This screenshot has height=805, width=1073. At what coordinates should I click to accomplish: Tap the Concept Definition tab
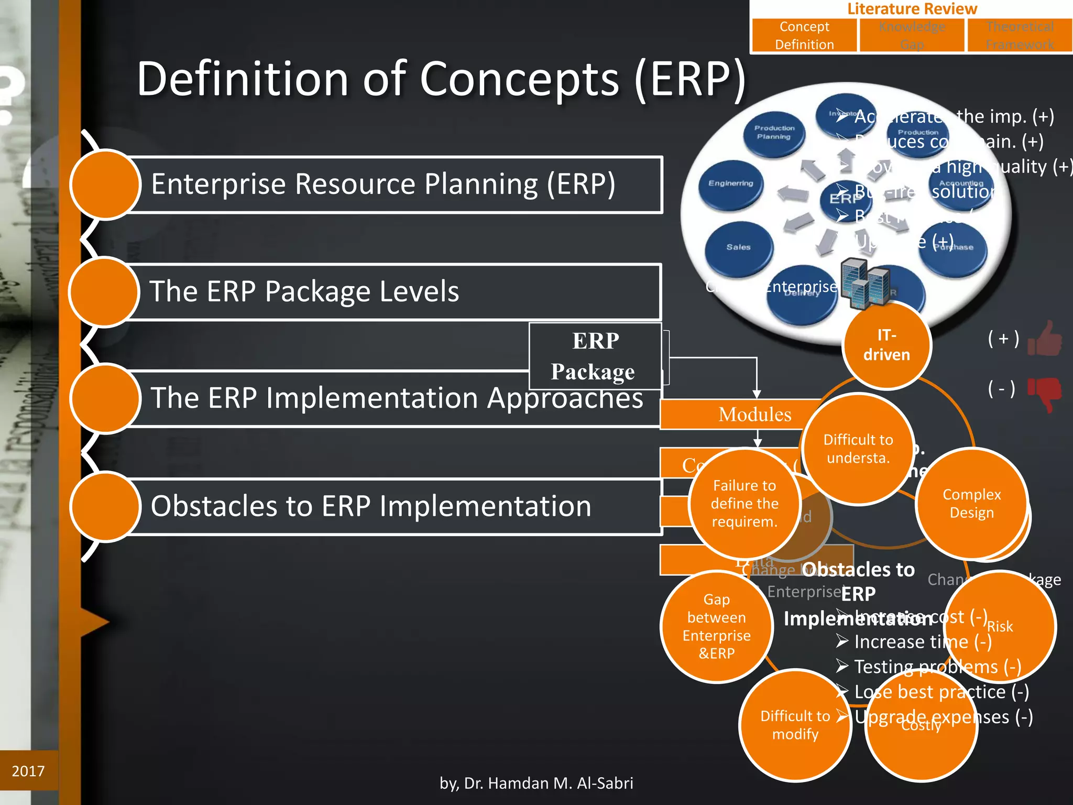804,36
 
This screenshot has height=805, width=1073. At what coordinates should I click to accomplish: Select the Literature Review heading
912,9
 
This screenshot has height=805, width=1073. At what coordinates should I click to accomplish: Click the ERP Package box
595,356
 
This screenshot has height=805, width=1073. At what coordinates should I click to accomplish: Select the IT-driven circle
886,345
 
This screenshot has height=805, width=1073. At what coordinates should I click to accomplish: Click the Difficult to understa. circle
858,449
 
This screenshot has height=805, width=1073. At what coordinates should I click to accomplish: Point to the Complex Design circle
971,503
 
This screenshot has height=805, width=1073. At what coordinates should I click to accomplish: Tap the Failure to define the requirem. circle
744,503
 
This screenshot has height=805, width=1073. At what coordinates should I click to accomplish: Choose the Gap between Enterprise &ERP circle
716,626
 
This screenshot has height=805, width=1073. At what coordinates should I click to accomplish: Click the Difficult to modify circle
795,725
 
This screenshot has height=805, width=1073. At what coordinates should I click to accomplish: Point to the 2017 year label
28,771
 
